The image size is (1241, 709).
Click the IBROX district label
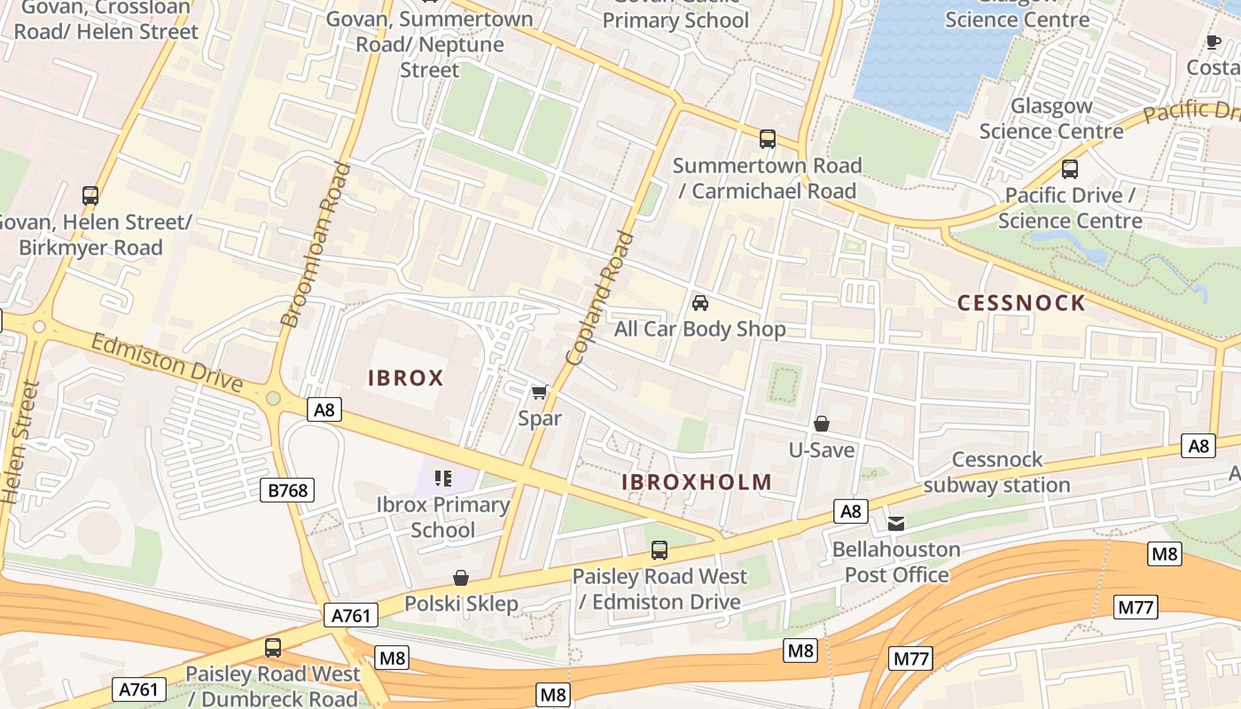[x=405, y=378]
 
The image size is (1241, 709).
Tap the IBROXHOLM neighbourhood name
[x=696, y=482]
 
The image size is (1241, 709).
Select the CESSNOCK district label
[x=1021, y=303]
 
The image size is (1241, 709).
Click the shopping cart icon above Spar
[x=539, y=392]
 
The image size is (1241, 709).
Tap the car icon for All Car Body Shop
[x=700, y=303]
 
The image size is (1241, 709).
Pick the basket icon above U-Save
[x=822, y=424]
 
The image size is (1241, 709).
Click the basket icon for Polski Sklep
[x=461, y=578]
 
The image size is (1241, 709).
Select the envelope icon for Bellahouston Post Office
[x=896, y=523]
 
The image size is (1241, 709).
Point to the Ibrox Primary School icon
[x=443, y=479]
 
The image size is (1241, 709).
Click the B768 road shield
[x=287, y=490]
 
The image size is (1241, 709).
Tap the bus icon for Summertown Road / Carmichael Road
[x=768, y=139]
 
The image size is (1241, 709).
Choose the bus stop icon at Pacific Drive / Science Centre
[x=1070, y=169]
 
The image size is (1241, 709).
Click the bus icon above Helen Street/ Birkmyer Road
[x=90, y=196]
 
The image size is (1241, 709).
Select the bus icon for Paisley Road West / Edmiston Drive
[x=660, y=550]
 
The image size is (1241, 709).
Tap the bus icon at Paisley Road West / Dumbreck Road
[x=273, y=648]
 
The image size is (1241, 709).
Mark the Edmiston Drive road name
[x=166, y=362]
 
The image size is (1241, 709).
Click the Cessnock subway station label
[x=997, y=472]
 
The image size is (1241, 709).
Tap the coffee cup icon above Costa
[x=1214, y=42]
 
